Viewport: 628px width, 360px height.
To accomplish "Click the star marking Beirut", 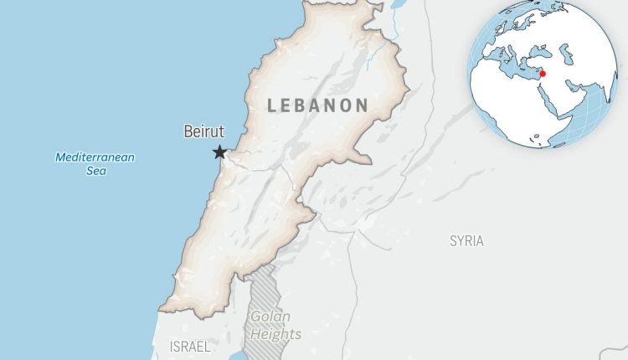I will (x=219, y=152).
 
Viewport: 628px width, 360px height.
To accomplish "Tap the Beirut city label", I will (x=202, y=131).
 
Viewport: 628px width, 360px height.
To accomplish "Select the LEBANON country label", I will (x=318, y=105).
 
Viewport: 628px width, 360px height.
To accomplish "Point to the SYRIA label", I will (x=466, y=241).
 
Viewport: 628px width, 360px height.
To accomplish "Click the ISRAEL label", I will (x=190, y=346).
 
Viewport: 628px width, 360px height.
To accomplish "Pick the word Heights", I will (x=274, y=334).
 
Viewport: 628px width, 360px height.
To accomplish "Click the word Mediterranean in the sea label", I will (x=95, y=157).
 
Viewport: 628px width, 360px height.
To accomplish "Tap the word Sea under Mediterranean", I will (x=95, y=171).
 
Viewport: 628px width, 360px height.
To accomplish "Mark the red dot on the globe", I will (x=543, y=74).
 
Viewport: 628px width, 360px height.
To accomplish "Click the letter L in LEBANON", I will (x=271, y=105).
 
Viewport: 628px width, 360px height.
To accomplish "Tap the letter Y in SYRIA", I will (x=461, y=241).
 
